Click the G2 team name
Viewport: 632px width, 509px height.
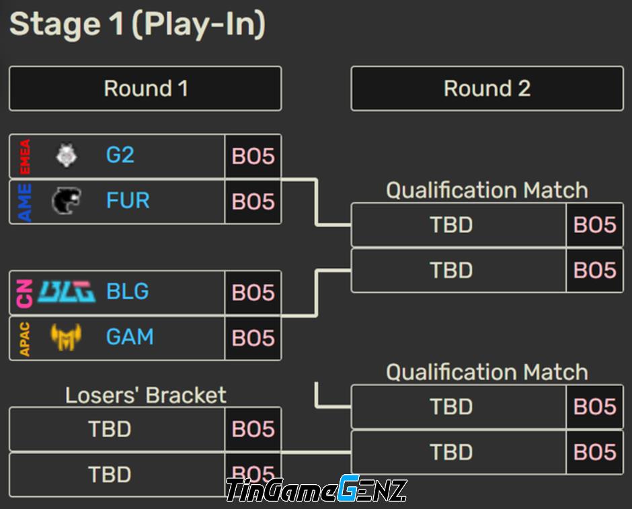pos(120,155)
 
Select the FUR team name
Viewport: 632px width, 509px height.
pos(128,201)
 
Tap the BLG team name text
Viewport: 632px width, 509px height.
pos(127,291)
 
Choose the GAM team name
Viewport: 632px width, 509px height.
pos(130,337)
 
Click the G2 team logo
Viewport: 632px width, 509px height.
pos(67,155)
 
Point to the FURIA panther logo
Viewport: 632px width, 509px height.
pos(67,201)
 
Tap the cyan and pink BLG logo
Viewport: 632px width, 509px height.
pos(67,292)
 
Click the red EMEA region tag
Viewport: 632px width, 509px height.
pos(25,156)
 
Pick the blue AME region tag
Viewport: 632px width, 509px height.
pos(25,202)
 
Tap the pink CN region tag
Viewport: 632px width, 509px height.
pos(25,294)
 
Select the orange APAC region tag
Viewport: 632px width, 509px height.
pos(25,339)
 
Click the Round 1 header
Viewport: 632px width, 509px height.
pos(145,89)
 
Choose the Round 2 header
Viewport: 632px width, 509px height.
pos(487,89)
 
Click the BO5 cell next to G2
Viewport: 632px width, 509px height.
pos(253,156)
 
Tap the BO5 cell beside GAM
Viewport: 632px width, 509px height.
pos(253,338)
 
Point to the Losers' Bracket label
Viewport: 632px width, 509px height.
pos(145,395)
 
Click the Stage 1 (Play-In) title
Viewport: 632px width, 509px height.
pos(137,24)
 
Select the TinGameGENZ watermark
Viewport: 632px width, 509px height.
pos(317,489)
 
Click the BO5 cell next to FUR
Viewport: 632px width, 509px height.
pos(253,201)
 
